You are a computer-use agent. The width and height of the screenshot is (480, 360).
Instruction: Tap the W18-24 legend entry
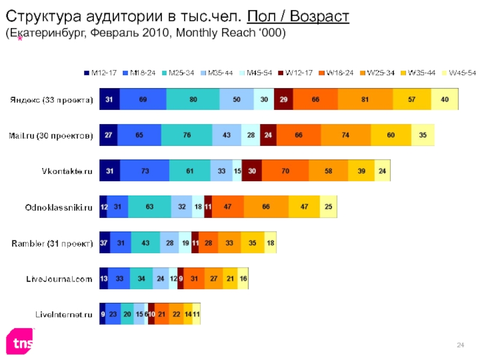point(339,73)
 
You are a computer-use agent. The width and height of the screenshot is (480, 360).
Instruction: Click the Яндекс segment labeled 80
point(193,99)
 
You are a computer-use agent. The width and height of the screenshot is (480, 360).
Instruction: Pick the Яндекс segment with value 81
point(365,99)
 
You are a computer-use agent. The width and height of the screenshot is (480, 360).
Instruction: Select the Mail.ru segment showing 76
point(186,135)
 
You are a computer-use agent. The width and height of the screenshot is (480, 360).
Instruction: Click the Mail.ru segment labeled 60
point(391,135)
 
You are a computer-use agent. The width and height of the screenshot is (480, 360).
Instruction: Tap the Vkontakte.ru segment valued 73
point(144,171)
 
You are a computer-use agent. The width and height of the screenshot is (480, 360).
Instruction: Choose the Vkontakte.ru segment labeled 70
point(286,171)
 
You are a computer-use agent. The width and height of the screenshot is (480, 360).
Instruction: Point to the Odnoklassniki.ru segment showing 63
point(149,206)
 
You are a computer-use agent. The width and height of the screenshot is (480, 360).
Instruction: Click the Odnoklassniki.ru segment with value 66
point(266,206)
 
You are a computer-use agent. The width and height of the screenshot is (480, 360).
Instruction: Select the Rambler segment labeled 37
point(104,242)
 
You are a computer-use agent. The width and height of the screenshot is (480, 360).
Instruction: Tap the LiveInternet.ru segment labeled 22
point(175,313)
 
